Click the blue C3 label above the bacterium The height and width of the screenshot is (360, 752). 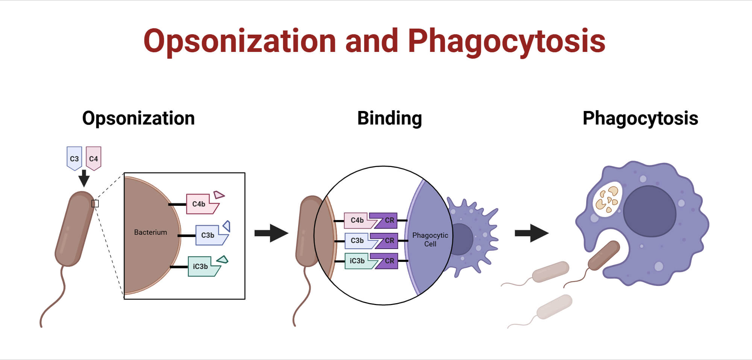[x=74, y=158]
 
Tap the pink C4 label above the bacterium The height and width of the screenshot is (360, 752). [x=93, y=158]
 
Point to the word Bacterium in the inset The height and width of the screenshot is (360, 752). [x=150, y=232]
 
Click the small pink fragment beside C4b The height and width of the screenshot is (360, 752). [x=219, y=195]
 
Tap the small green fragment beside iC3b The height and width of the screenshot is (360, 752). [x=223, y=260]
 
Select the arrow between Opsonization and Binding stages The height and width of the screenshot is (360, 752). [x=271, y=233]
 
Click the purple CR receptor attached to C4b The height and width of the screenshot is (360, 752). [x=385, y=220]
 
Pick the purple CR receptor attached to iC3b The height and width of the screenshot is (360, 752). [x=386, y=261]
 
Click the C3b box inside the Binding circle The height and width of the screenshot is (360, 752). [x=358, y=241]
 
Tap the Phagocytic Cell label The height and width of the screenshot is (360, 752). [x=430, y=240]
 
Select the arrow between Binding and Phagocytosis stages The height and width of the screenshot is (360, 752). [x=531, y=233]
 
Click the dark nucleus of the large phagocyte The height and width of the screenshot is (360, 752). [x=649, y=211]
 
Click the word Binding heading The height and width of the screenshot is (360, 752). [x=390, y=118]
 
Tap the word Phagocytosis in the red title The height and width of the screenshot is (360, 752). [x=506, y=41]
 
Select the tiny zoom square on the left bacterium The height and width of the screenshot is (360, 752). [x=95, y=204]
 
